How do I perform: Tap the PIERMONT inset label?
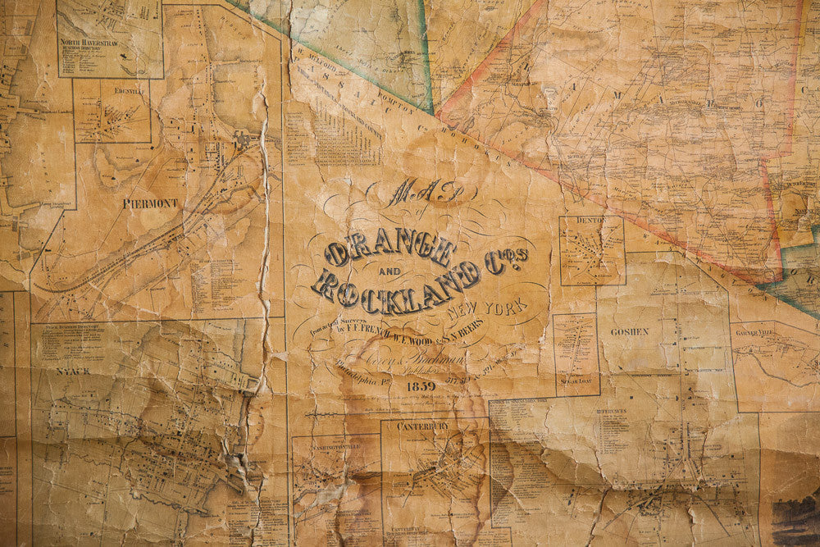[x=150, y=203]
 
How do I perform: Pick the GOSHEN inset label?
[x=629, y=332]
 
